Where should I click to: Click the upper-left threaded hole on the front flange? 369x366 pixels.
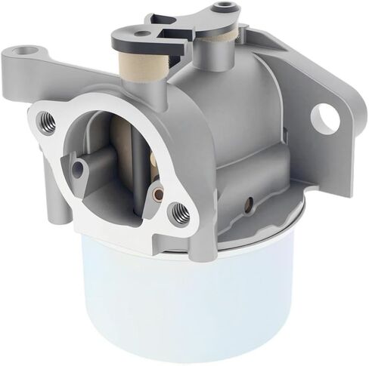click(x=46, y=118)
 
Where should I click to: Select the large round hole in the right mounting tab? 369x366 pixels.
click(x=325, y=116)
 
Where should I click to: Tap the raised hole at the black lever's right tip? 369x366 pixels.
click(x=220, y=10)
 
